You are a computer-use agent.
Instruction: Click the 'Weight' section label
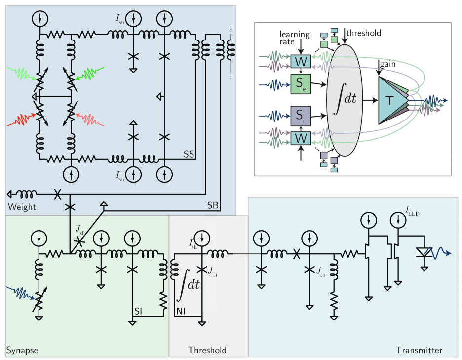tap(22, 207)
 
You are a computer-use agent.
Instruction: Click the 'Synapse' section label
tap(22, 350)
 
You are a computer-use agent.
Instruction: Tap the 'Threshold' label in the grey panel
tap(207, 350)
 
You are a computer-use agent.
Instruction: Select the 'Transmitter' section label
tap(419, 350)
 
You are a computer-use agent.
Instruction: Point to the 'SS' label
tap(189, 154)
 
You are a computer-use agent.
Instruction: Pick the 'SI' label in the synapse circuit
tap(139, 311)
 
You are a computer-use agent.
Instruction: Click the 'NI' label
tap(181, 311)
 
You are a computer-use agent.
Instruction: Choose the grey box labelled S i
tap(301, 116)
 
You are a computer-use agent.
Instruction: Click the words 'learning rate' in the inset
tap(295, 38)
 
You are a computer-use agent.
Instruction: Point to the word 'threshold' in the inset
tap(364, 33)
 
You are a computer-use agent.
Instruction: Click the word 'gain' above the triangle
tap(388, 64)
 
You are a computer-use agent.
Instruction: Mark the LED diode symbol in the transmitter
tap(423, 252)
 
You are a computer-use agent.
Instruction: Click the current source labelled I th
tap(205, 239)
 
